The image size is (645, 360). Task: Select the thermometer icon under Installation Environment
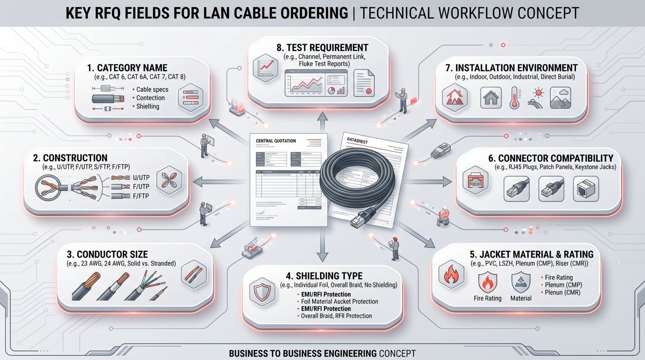pos(514,97)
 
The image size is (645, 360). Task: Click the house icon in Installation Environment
pos(491,97)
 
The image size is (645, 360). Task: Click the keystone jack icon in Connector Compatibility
pos(582,188)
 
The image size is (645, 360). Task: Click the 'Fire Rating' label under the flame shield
pos(487,298)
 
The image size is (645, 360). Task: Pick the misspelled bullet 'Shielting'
pos(148,106)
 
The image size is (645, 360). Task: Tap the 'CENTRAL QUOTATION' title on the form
pos(276,140)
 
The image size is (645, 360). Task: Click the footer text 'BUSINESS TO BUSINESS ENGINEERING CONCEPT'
pos(322,353)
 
